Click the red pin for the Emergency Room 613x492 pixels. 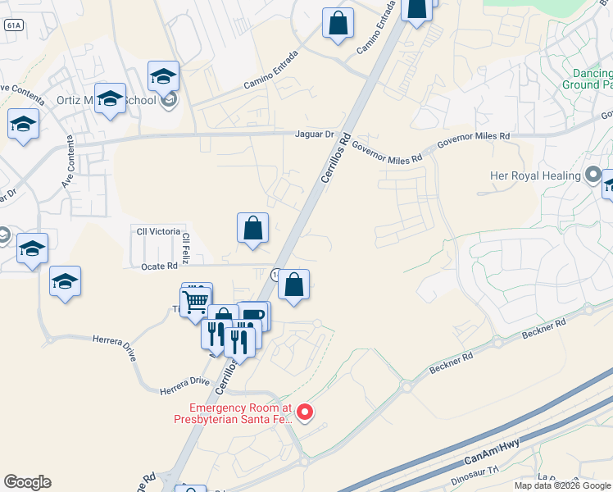pos(304,412)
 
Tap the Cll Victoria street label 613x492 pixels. pos(156,230)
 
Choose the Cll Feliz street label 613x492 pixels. pos(187,247)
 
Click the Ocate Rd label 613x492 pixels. pos(161,266)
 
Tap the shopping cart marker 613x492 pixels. pos(196,301)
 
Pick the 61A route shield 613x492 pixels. pos(12,25)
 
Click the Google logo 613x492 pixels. pos(27,482)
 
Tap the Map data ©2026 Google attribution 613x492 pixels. pos(562,485)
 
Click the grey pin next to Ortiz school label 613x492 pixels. pos(170,101)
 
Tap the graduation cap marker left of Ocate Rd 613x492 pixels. pos(65,282)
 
